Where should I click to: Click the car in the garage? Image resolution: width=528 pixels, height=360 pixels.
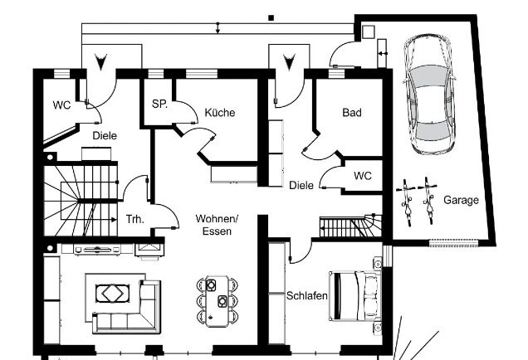pos(429,95)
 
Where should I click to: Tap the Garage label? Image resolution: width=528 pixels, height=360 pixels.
pos(461,200)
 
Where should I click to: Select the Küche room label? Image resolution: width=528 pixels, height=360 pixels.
pos(219,112)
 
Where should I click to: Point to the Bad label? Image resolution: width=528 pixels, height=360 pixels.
pos(352,112)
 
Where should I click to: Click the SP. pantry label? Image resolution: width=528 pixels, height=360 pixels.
pos(159,104)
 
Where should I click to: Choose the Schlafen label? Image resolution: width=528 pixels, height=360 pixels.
pos(307,296)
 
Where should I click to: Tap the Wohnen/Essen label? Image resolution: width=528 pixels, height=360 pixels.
pos(217,225)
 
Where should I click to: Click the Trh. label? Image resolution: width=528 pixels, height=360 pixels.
pos(135,219)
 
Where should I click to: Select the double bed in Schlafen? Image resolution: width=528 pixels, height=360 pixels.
pos(355,296)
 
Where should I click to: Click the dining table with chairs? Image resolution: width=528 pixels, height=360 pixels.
pos(218,301)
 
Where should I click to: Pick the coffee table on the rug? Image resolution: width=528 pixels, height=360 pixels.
pos(113,294)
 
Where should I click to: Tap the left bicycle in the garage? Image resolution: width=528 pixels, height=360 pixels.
pos(407,202)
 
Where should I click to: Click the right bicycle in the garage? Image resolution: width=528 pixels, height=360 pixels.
pos(428,201)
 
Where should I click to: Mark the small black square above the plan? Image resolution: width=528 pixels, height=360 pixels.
pos(271,17)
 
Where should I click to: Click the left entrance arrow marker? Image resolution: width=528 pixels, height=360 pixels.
pos(100,62)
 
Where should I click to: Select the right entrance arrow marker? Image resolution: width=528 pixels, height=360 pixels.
pos(289,62)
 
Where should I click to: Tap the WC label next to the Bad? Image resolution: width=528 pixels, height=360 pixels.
pos(363,176)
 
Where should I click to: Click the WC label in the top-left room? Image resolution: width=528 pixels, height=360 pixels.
pos(61,105)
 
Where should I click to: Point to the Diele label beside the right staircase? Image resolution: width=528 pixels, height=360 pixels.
pos(301,185)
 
